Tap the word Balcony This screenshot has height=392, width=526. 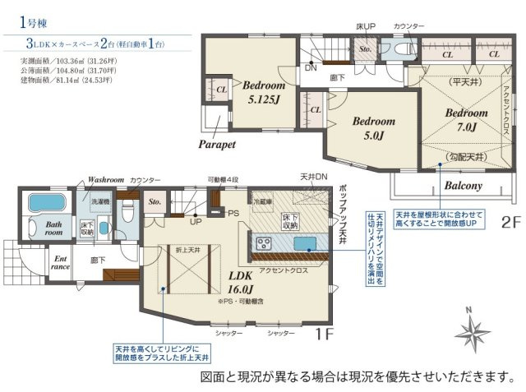(464, 186)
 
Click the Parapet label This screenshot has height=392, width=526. (217, 143)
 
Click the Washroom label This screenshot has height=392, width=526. (105, 179)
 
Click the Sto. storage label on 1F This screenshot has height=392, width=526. (152, 201)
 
